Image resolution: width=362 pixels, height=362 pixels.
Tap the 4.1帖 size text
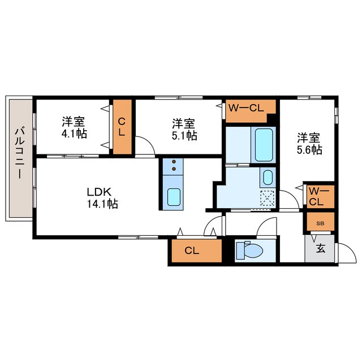click(x=74, y=135)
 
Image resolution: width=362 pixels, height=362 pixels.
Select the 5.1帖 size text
click(x=184, y=136)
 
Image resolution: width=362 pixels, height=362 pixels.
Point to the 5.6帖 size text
click(x=309, y=150)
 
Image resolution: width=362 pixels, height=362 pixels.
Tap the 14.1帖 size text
click(x=102, y=205)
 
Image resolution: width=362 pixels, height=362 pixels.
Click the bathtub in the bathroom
click(x=264, y=144)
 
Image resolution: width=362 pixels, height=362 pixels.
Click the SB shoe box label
click(x=320, y=223)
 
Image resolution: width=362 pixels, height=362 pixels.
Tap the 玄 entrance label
click(x=320, y=248)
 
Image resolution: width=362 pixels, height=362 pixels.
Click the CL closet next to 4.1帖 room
click(x=122, y=127)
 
